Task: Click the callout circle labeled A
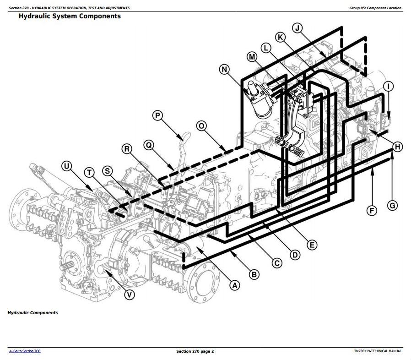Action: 235,285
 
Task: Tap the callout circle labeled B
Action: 254,274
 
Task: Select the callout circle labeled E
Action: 312,245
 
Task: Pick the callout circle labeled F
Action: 372,211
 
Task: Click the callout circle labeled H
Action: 398,147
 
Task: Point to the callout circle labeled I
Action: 388,86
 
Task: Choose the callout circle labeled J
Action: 297,28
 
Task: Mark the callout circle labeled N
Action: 224,70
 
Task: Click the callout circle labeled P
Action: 157,115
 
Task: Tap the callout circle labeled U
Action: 67,166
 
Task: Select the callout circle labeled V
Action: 130,295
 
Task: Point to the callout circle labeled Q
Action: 148,145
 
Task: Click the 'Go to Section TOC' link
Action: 25,351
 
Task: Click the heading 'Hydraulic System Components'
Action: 70,16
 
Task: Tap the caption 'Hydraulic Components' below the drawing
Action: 32,313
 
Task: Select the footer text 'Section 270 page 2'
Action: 195,351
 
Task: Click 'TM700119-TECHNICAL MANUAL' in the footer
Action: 378,351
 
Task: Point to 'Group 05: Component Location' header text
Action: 375,8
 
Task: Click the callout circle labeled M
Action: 252,57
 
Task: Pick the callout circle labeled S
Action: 107,171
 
